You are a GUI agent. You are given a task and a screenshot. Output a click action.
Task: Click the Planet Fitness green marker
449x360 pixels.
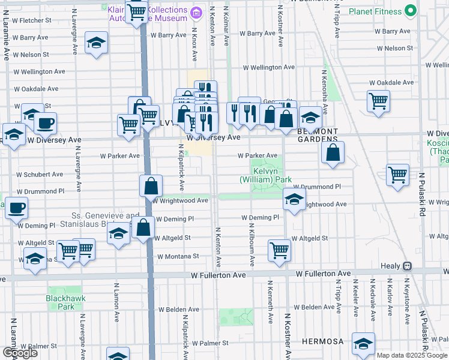(411, 10)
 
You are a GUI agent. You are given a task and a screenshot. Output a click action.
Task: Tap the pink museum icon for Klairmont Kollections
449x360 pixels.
(195, 13)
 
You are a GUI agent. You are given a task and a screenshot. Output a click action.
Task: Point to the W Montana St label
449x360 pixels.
(178, 256)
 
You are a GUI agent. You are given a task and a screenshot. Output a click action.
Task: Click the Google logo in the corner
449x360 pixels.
(20, 353)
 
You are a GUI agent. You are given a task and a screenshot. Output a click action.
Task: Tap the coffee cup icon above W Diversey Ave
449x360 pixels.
(45, 124)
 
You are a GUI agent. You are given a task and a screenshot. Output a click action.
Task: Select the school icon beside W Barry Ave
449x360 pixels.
(95, 43)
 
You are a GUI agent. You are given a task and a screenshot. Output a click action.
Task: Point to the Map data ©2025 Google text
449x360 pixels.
(412, 355)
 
